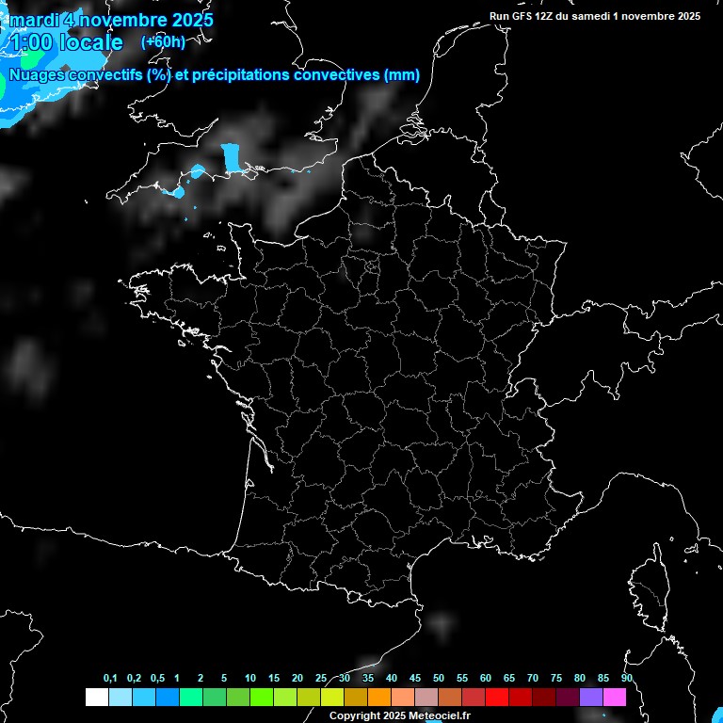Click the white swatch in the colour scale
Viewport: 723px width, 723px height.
(96, 697)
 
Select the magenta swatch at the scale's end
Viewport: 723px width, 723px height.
(615, 697)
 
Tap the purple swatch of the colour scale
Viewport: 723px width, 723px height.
(591, 697)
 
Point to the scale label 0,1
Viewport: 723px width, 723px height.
(110, 679)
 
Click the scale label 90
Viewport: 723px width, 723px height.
(626, 679)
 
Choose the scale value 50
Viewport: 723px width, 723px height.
(439, 679)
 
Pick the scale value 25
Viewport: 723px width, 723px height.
(321, 679)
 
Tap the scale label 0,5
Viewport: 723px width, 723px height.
(157, 679)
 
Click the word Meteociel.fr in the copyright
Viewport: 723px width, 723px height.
(440, 715)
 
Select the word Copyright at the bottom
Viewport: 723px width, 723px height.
(356, 715)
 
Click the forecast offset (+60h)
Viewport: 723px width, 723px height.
(163, 42)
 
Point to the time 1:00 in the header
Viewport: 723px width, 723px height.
(28, 42)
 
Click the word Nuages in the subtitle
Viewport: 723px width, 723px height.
(34, 75)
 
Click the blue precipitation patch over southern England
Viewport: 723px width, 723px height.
(231, 158)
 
